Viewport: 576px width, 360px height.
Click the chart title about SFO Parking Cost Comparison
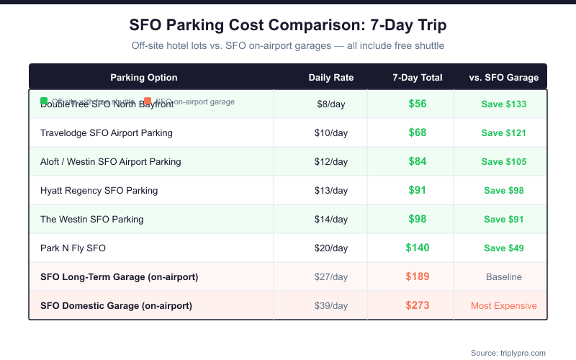click(288, 25)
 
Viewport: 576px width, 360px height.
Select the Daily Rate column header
click(330, 78)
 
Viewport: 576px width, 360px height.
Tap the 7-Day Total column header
click(418, 78)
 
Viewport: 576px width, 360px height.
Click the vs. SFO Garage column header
click(503, 78)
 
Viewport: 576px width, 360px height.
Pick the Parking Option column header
click(144, 78)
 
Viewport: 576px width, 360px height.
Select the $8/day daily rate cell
click(330, 104)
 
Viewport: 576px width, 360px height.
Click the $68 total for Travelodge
click(418, 132)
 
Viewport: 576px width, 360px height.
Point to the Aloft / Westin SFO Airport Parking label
click(110, 162)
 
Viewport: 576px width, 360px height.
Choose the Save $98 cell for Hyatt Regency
click(503, 191)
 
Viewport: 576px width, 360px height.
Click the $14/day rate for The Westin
click(330, 220)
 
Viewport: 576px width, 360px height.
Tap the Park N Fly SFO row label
click(73, 248)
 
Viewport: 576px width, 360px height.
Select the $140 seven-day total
click(418, 248)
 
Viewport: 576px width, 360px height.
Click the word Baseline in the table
click(503, 277)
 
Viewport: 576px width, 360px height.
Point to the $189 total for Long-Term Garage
click(418, 276)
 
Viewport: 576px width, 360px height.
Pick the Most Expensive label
click(503, 306)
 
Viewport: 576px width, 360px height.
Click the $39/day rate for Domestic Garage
click(330, 306)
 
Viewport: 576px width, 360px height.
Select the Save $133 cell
click(503, 104)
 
